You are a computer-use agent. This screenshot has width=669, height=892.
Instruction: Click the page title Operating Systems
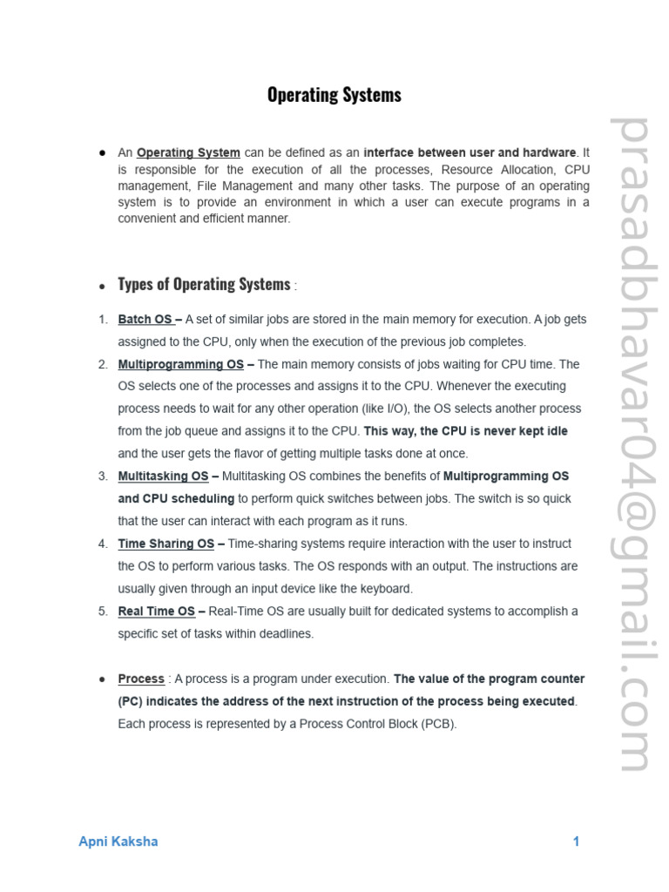click(x=334, y=95)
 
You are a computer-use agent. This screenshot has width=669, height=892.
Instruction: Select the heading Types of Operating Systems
click(x=204, y=285)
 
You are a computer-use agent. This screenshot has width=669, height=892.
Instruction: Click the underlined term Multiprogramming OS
click(x=181, y=364)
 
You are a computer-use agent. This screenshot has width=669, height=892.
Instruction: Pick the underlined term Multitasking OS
click(x=164, y=476)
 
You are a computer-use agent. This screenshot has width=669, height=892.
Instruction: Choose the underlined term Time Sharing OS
click(x=166, y=544)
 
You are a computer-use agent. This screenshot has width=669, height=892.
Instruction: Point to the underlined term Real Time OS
click(x=157, y=612)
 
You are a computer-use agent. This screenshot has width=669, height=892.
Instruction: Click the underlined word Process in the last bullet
click(x=141, y=679)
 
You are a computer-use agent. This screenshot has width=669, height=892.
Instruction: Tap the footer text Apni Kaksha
click(x=118, y=841)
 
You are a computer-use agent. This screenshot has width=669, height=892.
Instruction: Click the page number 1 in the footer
click(x=576, y=841)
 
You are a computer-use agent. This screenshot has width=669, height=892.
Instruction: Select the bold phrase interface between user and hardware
click(x=470, y=153)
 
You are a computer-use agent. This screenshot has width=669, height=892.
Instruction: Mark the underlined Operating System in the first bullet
click(x=188, y=153)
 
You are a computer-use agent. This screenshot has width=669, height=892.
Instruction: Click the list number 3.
click(x=103, y=476)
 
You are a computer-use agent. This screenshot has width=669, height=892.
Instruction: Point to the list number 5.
click(x=103, y=612)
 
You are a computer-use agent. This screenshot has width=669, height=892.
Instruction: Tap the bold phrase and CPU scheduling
click(x=176, y=499)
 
